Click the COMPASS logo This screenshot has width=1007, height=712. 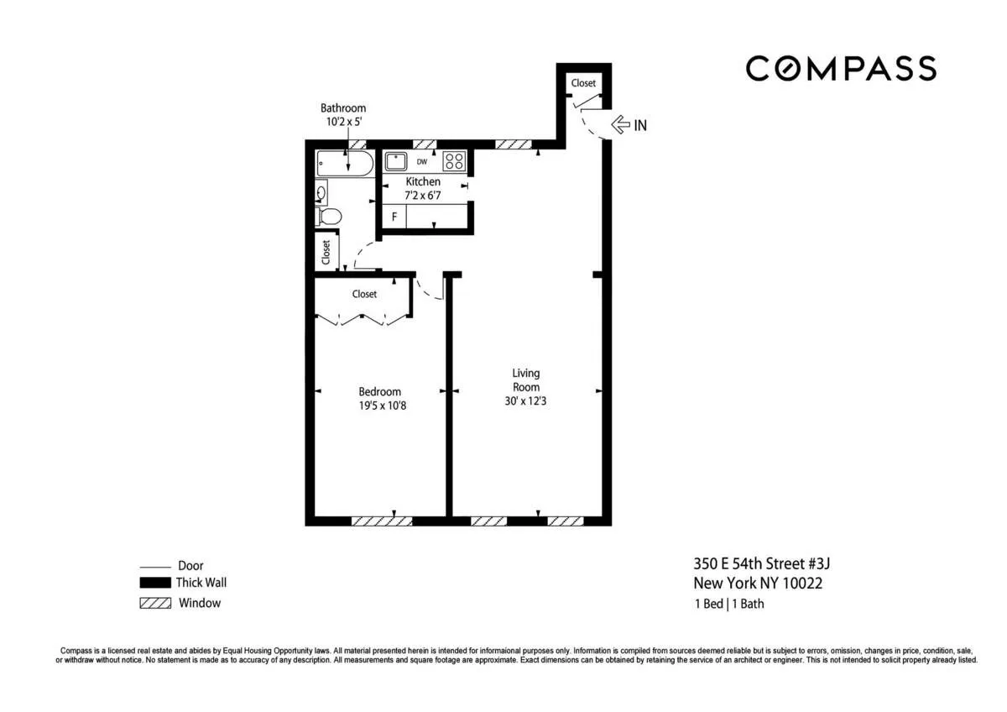(x=841, y=68)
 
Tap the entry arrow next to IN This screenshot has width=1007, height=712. (x=620, y=125)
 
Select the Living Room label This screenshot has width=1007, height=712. (x=526, y=380)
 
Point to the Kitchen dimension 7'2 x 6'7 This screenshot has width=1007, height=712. (x=423, y=196)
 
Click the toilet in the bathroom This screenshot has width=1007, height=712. (x=329, y=217)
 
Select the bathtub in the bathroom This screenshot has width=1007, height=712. (x=344, y=163)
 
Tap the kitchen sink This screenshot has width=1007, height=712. (x=396, y=161)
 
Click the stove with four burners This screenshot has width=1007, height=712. (x=454, y=161)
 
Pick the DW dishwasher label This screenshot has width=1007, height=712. (x=422, y=162)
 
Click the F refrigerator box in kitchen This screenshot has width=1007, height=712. (x=394, y=216)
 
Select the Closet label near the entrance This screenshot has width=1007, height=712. (x=583, y=82)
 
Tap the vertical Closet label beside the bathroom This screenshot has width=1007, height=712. (x=326, y=251)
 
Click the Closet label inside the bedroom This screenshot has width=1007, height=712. (x=364, y=294)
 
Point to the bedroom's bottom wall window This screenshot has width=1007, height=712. (x=382, y=521)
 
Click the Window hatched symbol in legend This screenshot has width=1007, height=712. (x=155, y=603)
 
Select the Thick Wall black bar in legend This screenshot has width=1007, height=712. (x=155, y=583)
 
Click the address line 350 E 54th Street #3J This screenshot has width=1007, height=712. (x=761, y=563)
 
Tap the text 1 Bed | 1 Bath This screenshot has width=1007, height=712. (x=728, y=603)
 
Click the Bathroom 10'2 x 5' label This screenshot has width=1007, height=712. (x=343, y=114)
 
